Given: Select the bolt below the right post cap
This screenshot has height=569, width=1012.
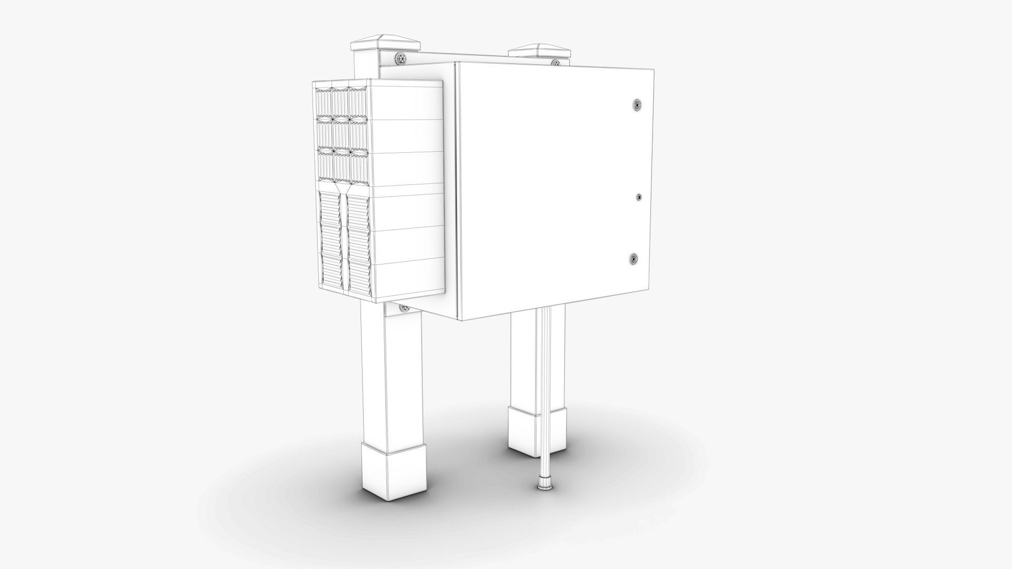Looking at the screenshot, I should click(555, 63).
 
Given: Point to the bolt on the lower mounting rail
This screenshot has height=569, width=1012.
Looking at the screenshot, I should click(405, 308).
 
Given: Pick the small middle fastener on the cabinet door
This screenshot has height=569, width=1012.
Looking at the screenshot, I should click(639, 197).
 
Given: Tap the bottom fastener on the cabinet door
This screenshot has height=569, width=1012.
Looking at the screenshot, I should click(635, 259).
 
